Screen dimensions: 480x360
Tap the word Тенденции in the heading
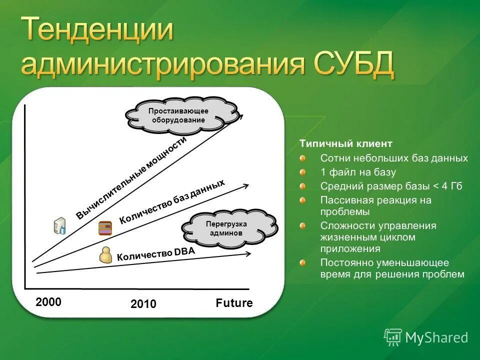coord(97,29)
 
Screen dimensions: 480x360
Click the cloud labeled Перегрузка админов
coord(229,228)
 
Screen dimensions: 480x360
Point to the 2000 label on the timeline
coord(48,302)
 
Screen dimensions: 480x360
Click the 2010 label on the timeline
coord(143,304)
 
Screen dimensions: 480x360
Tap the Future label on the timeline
coord(234,303)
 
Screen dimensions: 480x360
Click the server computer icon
coord(59,225)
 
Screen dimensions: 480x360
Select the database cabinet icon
coord(105,228)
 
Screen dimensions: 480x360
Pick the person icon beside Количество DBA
coord(105,254)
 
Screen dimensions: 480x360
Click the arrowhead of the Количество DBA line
coord(248,253)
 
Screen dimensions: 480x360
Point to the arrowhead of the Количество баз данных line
coord(246,185)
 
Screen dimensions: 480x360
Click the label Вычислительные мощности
coord(131,178)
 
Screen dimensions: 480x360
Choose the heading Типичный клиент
coord(346,143)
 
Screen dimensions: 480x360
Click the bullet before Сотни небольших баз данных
coord(303,158)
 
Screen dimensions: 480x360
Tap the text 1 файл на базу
coord(358,172)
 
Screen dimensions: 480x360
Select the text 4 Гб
coord(452,186)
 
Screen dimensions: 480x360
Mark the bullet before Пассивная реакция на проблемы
coord(303,200)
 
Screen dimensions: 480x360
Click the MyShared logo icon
coord(393,337)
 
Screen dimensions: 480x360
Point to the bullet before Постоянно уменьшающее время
coord(303,262)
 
